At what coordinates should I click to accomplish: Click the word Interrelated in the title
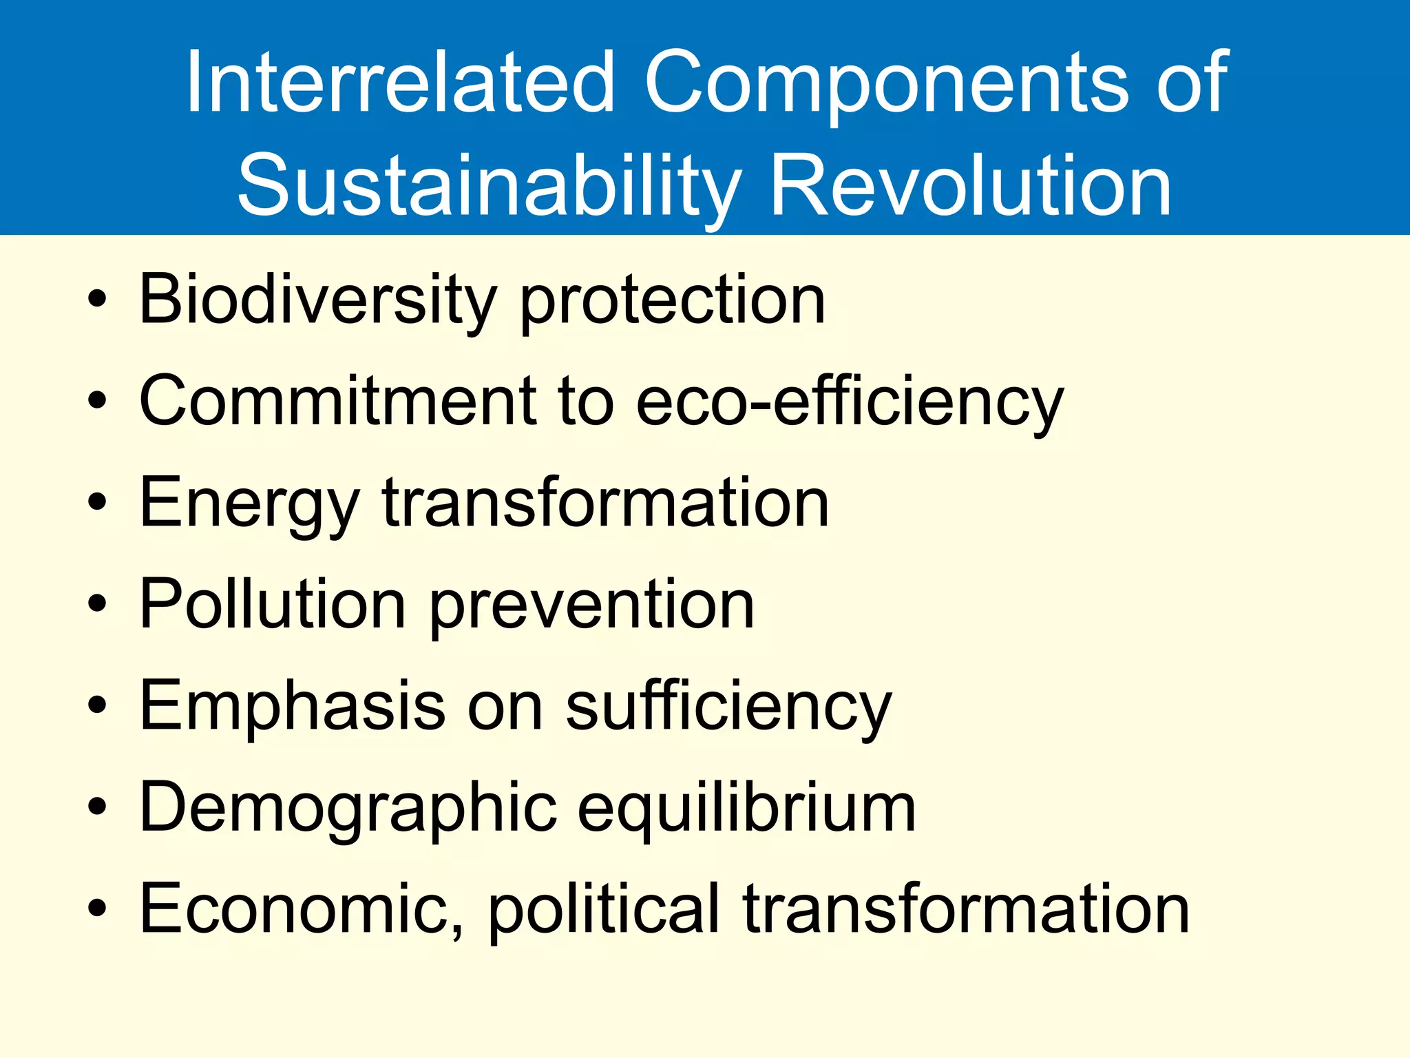(x=399, y=83)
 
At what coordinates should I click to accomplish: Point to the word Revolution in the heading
(x=970, y=185)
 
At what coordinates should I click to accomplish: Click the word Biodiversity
(x=317, y=300)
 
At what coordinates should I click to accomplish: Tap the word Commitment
(x=337, y=401)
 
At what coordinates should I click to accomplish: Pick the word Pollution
(x=272, y=605)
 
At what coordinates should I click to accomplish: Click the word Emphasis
(x=293, y=706)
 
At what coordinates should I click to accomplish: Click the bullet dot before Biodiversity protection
(x=98, y=300)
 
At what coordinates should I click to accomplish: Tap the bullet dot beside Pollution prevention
(x=98, y=605)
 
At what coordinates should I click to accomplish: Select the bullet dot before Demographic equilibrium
(x=98, y=807)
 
